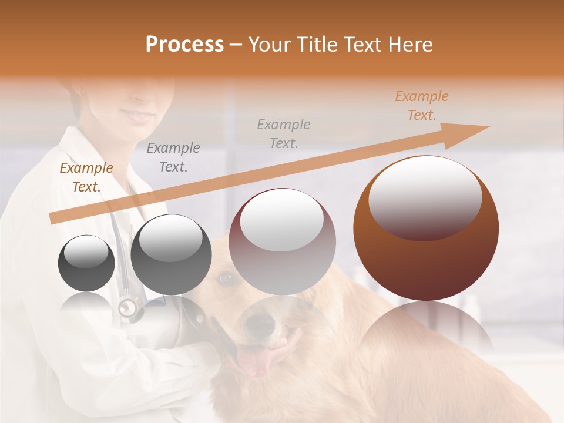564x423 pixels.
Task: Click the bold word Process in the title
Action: pyautogui.click(x=184, y=45)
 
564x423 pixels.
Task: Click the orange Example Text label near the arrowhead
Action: pyautogui.click(x=421, y=106)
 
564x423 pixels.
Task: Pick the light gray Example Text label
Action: pyautogui.click(x=284, y=133)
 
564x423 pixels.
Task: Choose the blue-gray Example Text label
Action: pyautogui.click(x=173, y=157)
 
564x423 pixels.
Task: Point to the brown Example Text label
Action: pyautogui.click(x=86, y=177)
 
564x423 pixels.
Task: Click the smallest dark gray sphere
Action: pyautogui.click(x=86, y=263)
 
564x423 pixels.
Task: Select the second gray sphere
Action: pyautogui.click(x=171, y=255)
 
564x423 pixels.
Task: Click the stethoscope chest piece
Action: pyautogui.click(x=129, y=307)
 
